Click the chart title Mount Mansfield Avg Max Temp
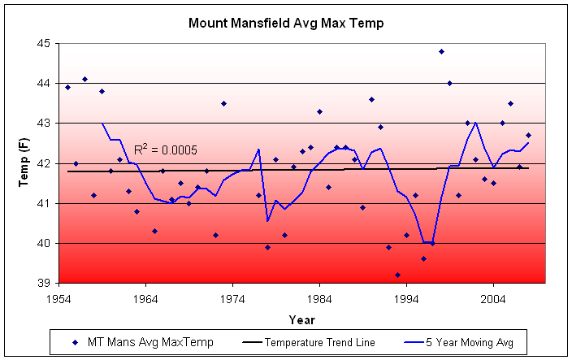pos(285,23)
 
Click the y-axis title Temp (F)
pos(24,163)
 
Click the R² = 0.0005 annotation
pos(166,150)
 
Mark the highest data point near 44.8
pos(441,51)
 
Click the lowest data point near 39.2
pos(397,275)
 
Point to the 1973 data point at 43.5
pos(223,103)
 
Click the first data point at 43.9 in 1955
pos(67,87)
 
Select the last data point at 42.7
pos(528,135)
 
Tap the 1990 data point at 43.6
pos(371,99)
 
